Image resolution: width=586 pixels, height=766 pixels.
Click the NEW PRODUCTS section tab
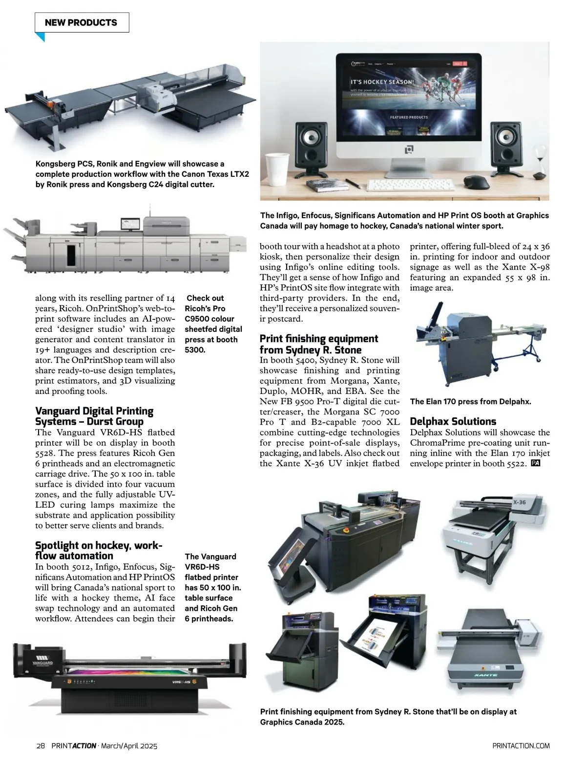81,22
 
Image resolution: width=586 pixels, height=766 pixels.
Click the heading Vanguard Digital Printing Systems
94,416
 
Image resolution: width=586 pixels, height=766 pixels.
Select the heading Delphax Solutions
453,421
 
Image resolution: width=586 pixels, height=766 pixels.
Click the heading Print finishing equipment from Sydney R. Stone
318,344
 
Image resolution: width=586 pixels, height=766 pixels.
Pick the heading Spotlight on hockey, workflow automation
98,550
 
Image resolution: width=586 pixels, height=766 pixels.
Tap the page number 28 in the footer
41,745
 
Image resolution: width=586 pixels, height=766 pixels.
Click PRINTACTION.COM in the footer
521,745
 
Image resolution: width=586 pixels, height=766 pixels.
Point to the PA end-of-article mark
535,463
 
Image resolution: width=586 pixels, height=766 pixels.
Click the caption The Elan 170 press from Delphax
470,402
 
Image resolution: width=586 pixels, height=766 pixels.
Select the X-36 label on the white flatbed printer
519,502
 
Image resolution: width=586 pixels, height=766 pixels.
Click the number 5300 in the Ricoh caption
194,350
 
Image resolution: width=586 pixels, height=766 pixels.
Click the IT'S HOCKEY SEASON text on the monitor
381,82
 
